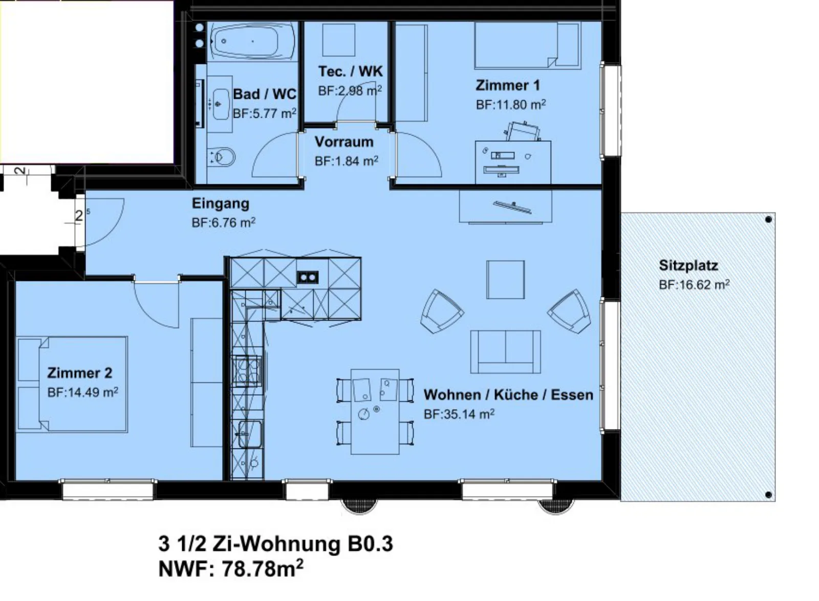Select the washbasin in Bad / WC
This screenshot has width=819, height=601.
220,104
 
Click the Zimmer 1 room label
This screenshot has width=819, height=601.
507,85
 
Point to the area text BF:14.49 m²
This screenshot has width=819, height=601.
82,393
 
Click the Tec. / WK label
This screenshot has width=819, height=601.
350,71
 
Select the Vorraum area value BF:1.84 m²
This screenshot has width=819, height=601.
346,161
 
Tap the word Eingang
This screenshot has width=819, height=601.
221,203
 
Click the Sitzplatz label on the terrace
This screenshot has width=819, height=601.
688,265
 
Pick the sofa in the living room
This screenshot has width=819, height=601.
505,352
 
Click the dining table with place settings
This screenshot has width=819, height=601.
375,412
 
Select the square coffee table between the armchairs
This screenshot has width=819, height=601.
505,280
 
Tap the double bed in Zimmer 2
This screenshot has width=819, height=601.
72,384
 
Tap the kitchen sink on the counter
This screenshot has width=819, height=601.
250,434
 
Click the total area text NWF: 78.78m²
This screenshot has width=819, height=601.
231,569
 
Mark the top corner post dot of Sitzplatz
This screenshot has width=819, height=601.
768,219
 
